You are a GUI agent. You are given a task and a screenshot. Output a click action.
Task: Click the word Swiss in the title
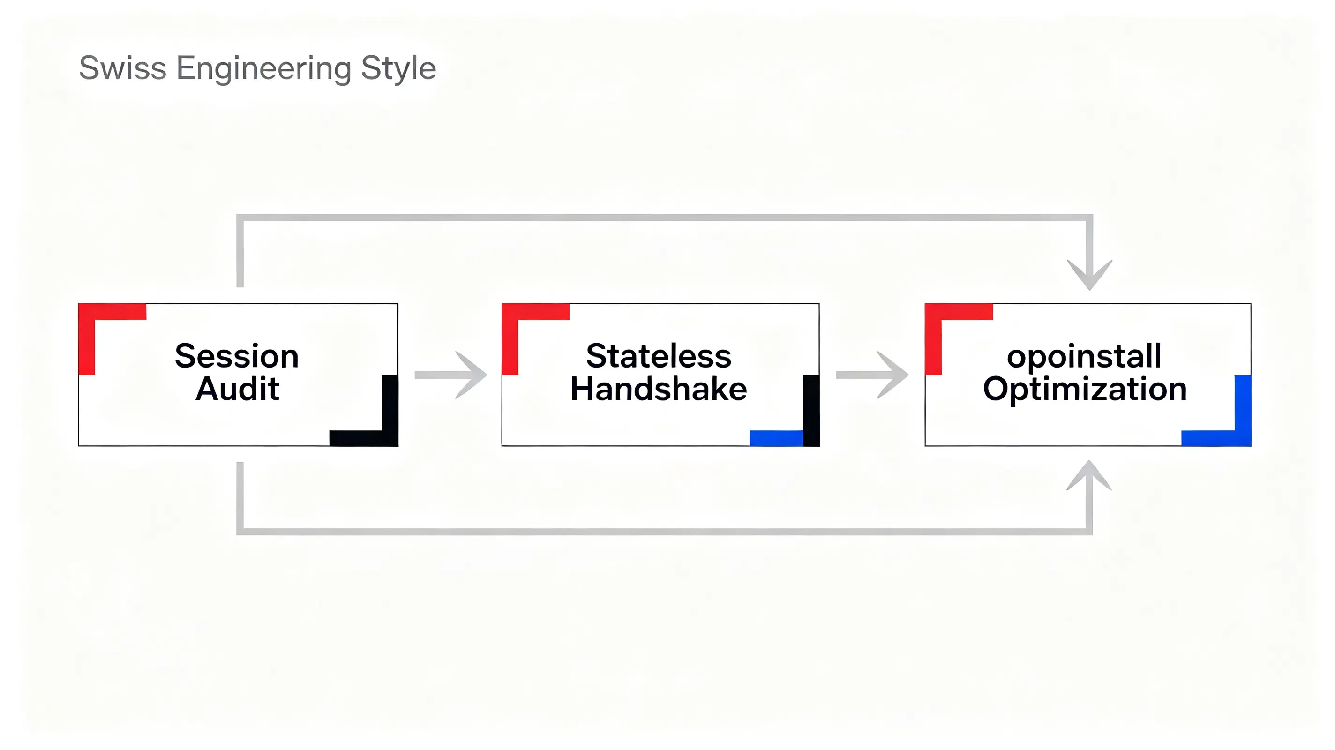pos(122,68)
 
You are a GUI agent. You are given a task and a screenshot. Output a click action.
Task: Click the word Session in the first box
pos(237,356)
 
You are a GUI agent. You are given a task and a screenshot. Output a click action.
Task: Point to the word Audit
pos(237,389)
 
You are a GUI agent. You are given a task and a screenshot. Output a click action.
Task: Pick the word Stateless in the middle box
pos(659,356)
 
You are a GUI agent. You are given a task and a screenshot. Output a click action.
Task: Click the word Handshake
pos(659,389)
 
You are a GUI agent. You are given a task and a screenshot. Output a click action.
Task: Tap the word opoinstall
pos(1084,356)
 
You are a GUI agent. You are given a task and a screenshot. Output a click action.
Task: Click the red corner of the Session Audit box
pos(87,312)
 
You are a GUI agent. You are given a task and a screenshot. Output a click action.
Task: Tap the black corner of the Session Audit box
pos(390,438)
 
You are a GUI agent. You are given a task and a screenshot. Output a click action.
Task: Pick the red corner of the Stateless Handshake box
pos(510,312)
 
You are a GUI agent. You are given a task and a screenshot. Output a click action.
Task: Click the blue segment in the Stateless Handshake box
pos(776,438)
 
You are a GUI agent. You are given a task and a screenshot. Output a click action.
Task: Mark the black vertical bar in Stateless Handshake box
pos(811,411)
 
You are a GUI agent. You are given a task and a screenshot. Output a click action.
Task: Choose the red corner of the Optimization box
pos(933,312)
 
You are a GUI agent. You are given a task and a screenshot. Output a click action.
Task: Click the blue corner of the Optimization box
pos(1243,438)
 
